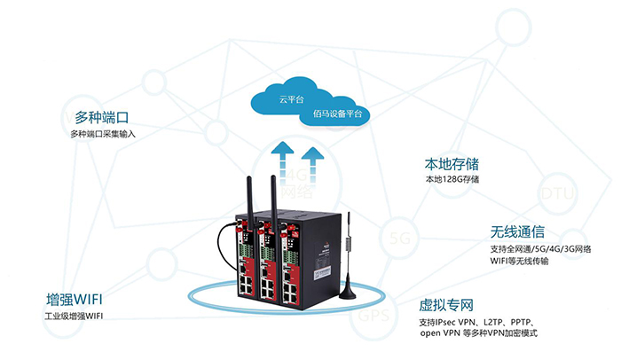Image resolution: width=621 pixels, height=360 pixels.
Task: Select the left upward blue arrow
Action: tap(281, 164)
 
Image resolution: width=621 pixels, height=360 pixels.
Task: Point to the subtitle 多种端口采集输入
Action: tap(104, 134)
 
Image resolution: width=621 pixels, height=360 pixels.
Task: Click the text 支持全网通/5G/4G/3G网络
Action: tap(541, 250)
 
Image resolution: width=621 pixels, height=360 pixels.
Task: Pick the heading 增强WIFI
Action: tap(80, 299)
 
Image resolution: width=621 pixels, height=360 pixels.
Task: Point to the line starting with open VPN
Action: tap(479, 333)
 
